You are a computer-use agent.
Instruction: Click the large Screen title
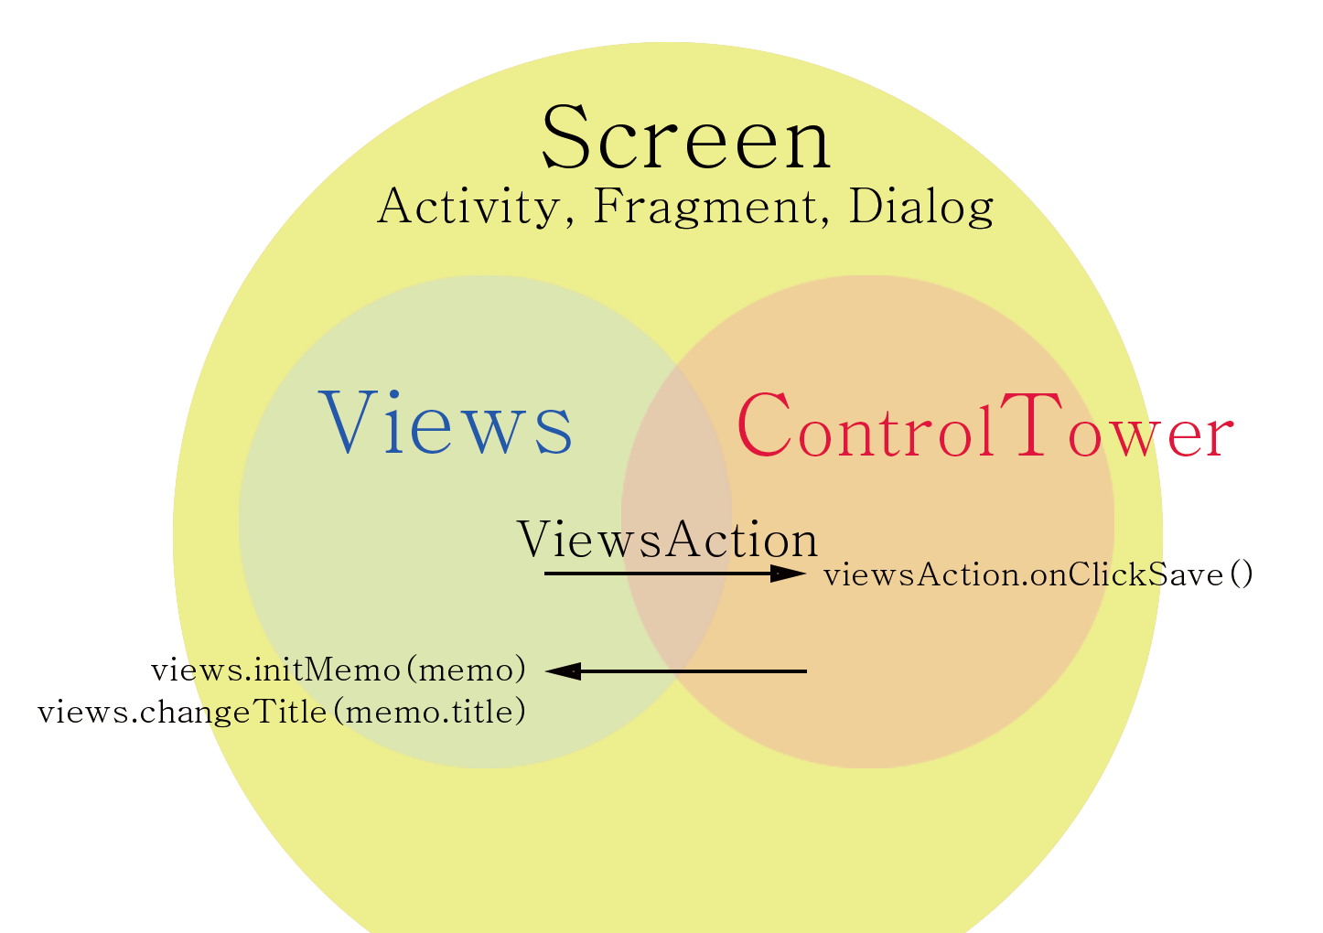[686, 139]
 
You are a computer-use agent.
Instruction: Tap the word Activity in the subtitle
[468, 207]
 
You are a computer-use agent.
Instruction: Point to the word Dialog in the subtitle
[920, 207]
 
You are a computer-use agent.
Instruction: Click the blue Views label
[446, 424]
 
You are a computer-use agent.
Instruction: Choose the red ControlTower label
[984, 426]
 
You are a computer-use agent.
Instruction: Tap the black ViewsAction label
[668, 540]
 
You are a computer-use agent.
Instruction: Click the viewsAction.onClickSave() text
[1038, 575]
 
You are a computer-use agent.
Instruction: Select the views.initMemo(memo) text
[339, 670]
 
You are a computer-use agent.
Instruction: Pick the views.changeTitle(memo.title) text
[282, 712]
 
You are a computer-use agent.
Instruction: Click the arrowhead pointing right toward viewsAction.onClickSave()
[789, 574]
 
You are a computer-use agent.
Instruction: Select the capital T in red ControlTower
[1027, 424]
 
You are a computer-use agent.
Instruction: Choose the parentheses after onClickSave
[1242, 575]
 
